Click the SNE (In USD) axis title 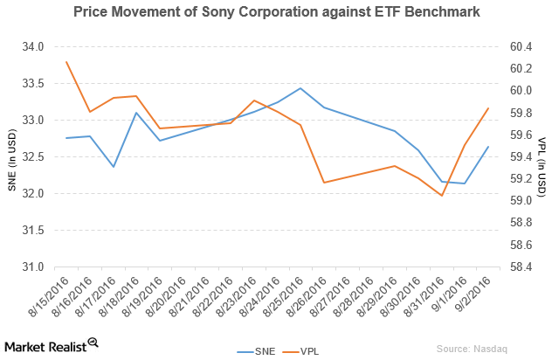[x=11, y=157]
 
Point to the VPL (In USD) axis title [x=542, y=157]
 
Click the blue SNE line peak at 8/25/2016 [x=300, y=88]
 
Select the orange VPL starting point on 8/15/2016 [x=66, y=61]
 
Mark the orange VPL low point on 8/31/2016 [x=441, y=196]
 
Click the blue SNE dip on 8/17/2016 [x=114, y=167]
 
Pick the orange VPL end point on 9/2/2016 [x=487, y=107]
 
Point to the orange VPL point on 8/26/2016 [x=324, y=183]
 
